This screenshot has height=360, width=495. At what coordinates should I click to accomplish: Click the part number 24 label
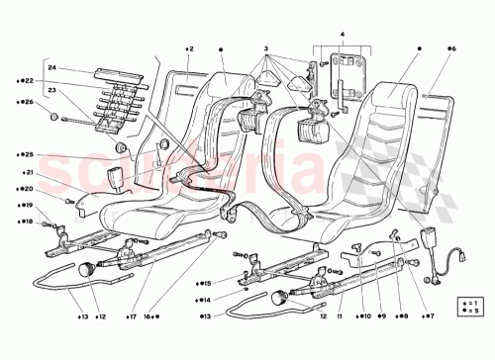coord(52,68)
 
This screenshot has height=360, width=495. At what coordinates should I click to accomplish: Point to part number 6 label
coord(452,47)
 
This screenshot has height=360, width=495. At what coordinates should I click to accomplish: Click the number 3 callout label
coord(265,47)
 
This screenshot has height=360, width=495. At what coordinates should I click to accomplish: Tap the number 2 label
coord(190,47)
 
